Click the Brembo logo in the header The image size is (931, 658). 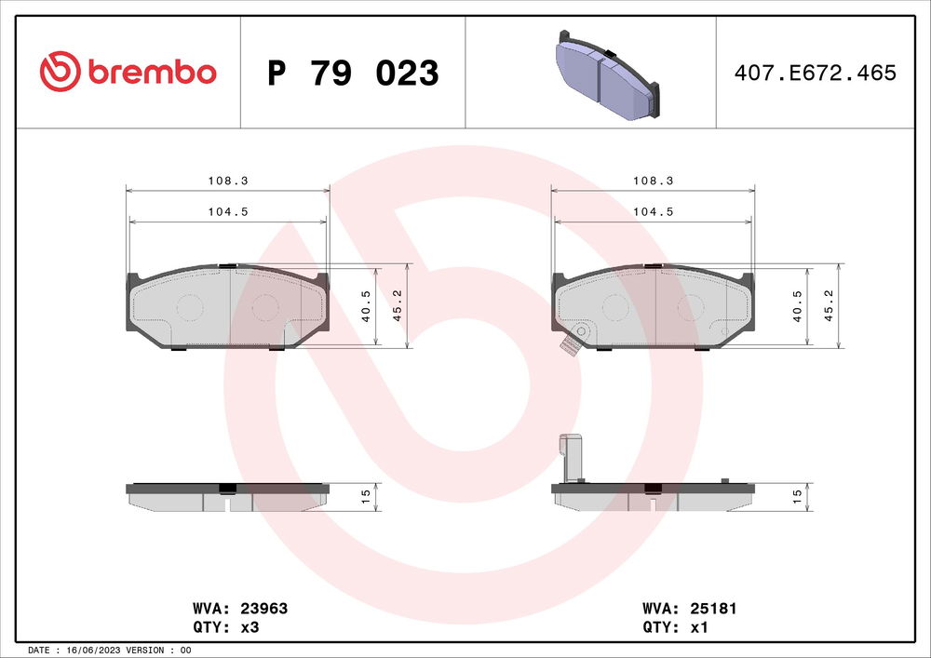coord(128,72)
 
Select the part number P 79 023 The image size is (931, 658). coord(353,73)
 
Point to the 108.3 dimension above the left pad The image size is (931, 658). coord(227,181)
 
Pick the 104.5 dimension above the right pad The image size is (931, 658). coord(654,212)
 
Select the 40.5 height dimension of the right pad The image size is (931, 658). coord(797,306)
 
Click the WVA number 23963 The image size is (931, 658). coord(264,609)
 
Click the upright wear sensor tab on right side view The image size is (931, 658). coord(569,458)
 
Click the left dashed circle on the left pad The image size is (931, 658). coord(190,306)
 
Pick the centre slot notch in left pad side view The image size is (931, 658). coord(227,504)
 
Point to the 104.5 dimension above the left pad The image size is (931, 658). coord(227,212)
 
